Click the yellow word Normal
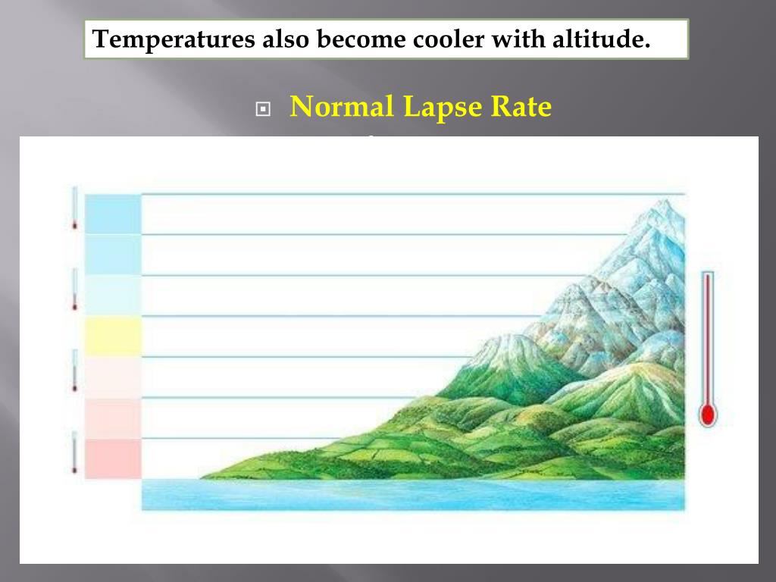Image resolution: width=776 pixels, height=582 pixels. click(x=342, y=107)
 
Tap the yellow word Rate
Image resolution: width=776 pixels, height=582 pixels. click(x=521, y=107)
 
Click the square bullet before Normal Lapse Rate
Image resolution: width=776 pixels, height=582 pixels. click(x=263, y=109)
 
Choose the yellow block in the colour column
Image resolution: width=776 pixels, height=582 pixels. click(x=113, y=336)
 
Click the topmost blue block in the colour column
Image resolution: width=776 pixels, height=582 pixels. click(x=113, y=214)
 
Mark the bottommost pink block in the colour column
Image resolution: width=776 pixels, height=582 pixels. click(x=113, y=458)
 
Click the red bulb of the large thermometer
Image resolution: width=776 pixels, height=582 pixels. click(x=708, y=415)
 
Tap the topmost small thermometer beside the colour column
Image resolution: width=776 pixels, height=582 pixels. click(x=75, y=207)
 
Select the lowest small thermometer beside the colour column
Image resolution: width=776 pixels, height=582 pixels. click(x=75, y=452)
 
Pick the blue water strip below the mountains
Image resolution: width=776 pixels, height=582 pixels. click(x=413, y=494)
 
